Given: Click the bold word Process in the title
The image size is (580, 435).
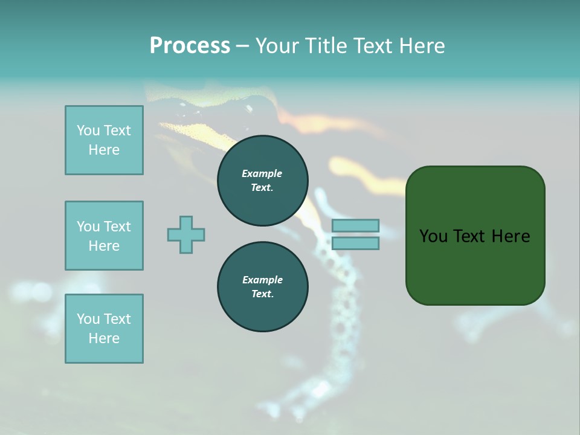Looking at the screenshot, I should coord(190,45).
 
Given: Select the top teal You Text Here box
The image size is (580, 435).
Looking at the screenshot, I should coord(104,140).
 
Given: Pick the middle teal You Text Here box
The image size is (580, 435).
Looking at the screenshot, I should coord(104,236).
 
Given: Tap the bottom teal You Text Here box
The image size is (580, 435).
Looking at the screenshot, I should coord(104,329).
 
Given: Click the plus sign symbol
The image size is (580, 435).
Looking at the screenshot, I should coord(186,234).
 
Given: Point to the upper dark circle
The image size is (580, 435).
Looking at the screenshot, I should coord(262,181).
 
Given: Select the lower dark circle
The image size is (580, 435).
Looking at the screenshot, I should coord(262,287).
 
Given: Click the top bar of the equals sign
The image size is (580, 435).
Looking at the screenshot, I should coord(355,225).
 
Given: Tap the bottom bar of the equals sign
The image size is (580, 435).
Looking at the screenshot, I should coord(355,243).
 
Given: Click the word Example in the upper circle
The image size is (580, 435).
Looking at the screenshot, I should coord(262,173).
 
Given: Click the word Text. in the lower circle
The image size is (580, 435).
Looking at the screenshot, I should coord(262,294).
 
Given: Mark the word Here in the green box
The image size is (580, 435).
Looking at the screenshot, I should coord(511,236).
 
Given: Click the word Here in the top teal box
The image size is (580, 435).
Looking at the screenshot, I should coord(104,150).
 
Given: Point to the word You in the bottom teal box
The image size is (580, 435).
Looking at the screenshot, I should coord(88,319).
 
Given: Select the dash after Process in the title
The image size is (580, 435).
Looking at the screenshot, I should coord(242,46).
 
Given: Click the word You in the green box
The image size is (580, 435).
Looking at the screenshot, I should coord(433,236).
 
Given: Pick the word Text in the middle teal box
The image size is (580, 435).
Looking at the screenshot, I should coord(117,227).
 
